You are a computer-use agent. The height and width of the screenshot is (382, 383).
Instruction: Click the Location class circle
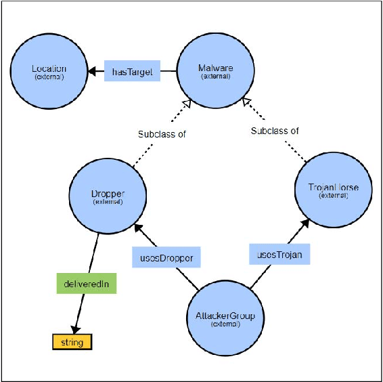(49, 70)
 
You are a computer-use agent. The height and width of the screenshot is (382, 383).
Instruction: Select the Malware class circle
(216, 70)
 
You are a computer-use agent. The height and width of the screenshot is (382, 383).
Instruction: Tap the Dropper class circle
(108, 196)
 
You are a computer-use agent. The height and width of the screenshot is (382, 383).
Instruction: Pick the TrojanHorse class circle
(332, 190)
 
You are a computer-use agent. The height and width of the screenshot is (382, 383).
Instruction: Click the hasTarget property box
(132, 70)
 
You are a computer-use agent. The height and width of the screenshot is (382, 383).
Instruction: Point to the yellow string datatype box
(72, 342)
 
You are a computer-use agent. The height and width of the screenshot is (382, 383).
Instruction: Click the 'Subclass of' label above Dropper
(162, 135)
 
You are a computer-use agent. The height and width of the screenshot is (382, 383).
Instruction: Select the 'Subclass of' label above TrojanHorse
(274, 131)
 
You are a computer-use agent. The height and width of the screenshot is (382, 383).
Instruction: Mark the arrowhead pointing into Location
(91, 70)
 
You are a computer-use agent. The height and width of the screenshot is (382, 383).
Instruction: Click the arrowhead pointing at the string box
(75, 328)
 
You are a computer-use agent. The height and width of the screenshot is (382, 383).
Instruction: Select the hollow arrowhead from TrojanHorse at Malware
(247, 104)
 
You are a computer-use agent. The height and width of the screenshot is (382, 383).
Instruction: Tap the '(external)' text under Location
(49, 76)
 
